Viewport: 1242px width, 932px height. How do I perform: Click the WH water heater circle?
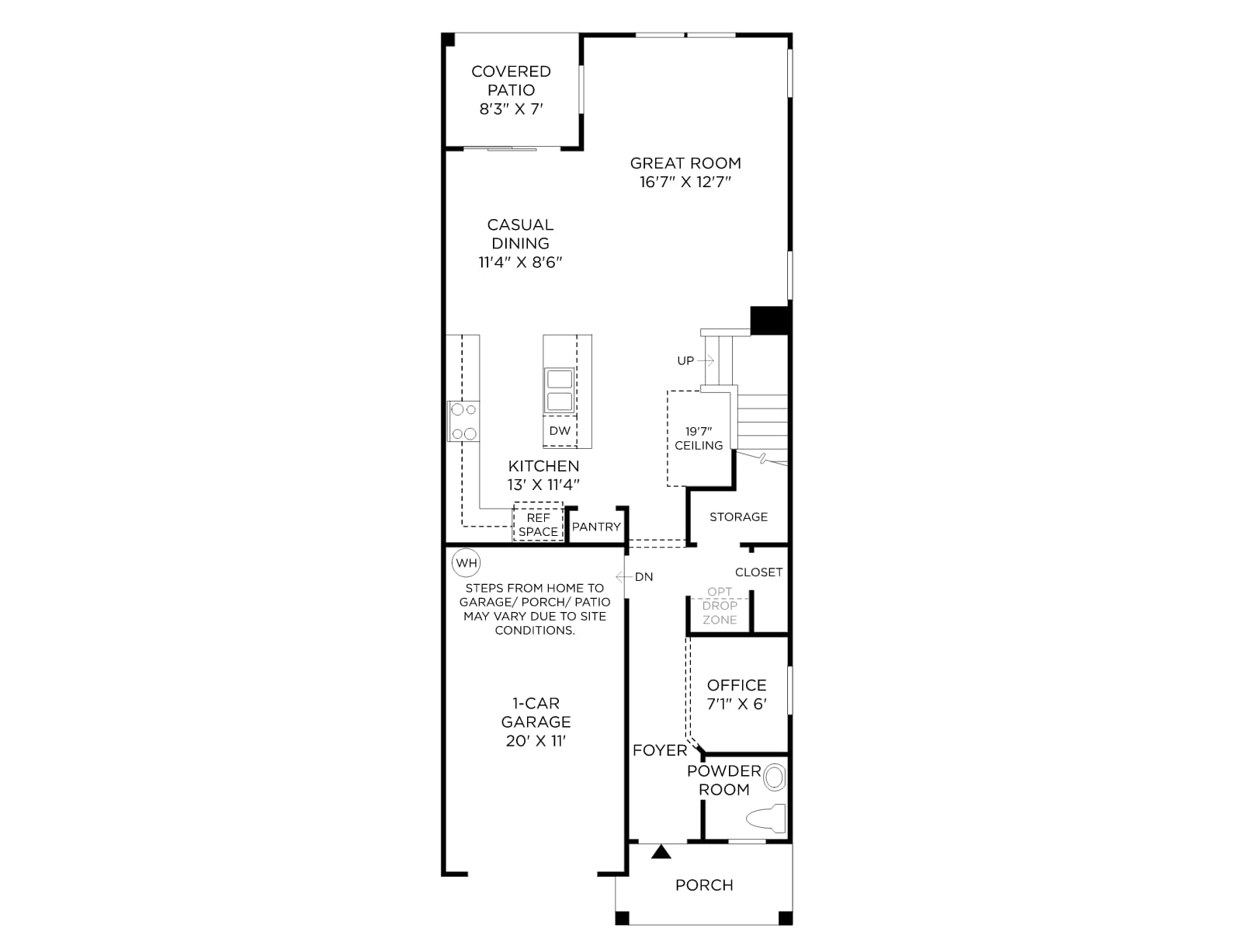(467, 563)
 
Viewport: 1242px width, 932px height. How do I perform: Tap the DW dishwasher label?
(560, 430)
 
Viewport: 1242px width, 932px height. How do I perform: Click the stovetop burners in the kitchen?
(464, 422)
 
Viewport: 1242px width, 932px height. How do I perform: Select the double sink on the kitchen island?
(560, 391)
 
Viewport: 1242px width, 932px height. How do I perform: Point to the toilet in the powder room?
(766, 819)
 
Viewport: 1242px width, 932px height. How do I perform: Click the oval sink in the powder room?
(774, 777)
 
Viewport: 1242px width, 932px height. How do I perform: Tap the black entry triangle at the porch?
(661, 852)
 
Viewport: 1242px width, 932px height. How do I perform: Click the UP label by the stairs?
(685, 360)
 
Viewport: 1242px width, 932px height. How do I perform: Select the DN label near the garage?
(644, 576)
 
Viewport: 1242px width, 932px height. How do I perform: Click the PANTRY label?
(596, 527)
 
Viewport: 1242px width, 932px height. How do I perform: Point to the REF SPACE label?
(538, 524)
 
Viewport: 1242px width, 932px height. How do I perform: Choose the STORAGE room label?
(738, 516)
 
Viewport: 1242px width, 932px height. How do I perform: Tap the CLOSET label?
(758, 572)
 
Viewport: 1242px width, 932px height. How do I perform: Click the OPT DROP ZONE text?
(720, 606)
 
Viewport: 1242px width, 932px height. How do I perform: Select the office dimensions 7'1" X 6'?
(737, 704)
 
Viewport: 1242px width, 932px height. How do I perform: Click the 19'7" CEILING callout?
(699, 438)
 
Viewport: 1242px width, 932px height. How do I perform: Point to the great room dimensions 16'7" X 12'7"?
(685, 182)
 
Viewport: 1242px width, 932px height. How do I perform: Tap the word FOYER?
(660, 750)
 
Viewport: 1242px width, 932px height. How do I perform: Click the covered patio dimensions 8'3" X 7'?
(511, 109)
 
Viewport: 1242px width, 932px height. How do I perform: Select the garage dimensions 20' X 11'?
(536, 741)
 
